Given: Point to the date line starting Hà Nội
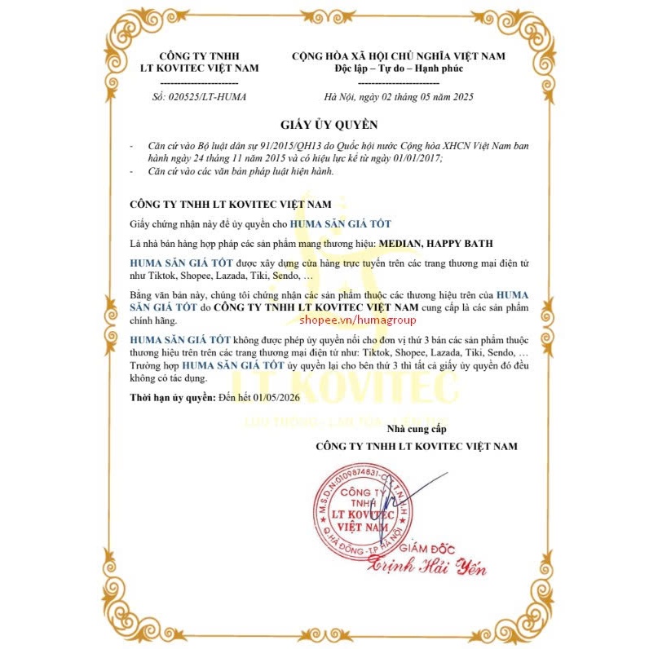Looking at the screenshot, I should [x=398, y=97].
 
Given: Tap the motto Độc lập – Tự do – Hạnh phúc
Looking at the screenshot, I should [x=399, y=68].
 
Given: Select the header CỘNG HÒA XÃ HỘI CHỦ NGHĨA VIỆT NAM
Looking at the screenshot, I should [x=399, y=55].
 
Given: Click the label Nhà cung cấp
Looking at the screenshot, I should [x=417, y=429].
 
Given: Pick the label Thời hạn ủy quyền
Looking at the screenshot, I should [x=168, y=397].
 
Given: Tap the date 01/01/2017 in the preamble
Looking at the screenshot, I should [x=413, y=157].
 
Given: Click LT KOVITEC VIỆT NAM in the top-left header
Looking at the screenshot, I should [x=199, y=68].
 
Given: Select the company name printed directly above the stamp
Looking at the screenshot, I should [x=416, y=446].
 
